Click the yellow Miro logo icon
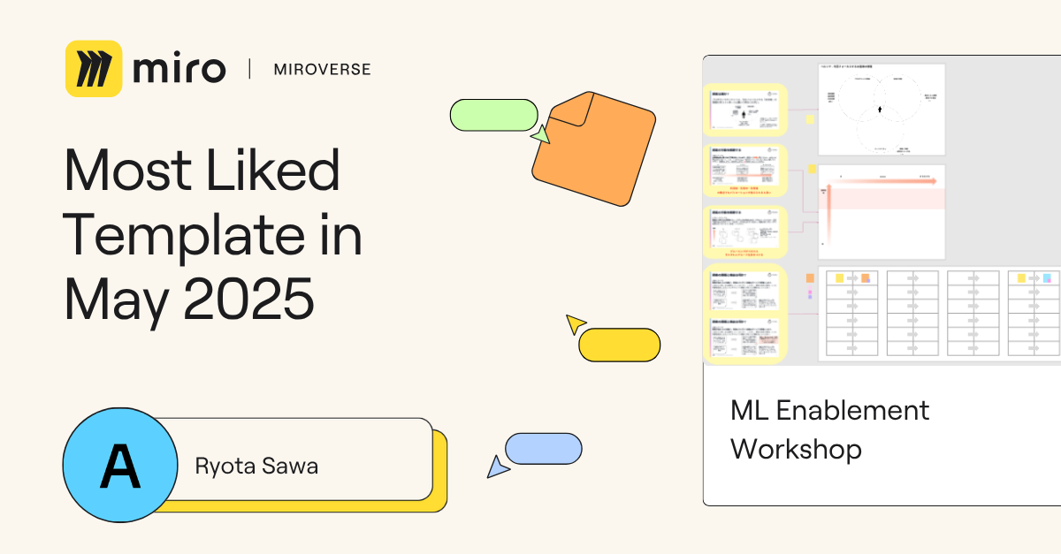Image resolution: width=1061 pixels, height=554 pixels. (x=94, y=68)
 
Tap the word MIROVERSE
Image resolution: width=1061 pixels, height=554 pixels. (x=323, y=69)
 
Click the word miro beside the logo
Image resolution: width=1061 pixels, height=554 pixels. (x=179, y=68)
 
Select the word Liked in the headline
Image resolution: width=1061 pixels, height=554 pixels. (x=275, y=171)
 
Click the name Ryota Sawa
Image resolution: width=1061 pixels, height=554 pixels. (x=256, y=467)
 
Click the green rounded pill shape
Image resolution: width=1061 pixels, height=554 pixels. (x=493, y=115)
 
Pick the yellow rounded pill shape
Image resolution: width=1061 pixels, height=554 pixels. (x=619, y=345)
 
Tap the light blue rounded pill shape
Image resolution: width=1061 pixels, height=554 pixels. (x=543, y=449)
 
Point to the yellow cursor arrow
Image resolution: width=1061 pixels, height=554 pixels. (x=576, y=323)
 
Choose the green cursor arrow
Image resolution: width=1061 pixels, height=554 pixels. (x=540, y=134)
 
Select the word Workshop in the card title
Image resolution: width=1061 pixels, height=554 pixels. (x=796, y=449)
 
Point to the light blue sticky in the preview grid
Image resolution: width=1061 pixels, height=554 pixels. (x=1047, y=278)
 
